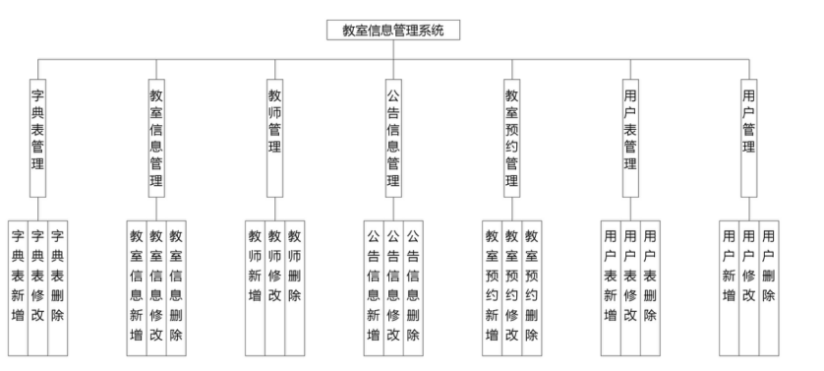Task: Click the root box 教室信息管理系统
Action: (x=393, y=31)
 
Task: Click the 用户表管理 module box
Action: (x=630, y=134)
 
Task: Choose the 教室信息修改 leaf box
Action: (x=155, y=285)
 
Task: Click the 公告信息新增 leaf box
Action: (x=374, y=285)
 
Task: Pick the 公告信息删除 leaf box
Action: (x=414, y=285)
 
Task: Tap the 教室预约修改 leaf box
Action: (x=511, y=285)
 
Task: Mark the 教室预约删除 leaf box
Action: (x=532, y=285)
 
